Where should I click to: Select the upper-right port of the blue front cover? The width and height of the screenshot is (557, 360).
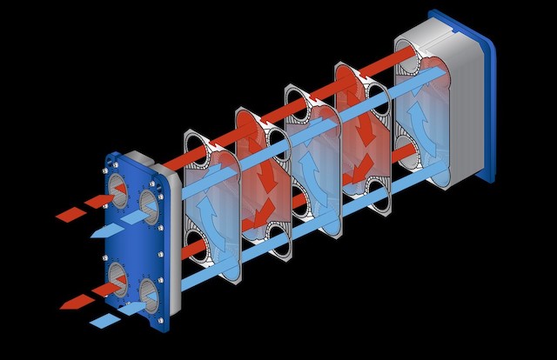(x=150, y=207)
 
